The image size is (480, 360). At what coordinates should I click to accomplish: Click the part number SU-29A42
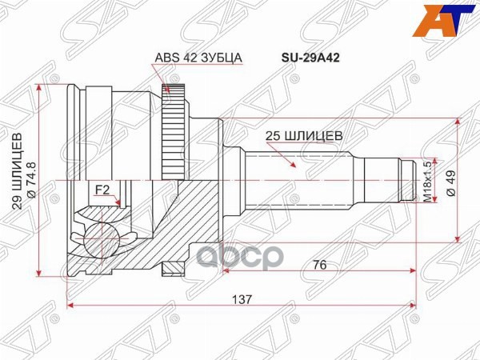[x=306, y=58]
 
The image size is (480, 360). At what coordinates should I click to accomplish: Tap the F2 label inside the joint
[x=102, y=190]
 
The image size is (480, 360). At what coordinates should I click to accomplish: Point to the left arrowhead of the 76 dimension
[x=226, y=270]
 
